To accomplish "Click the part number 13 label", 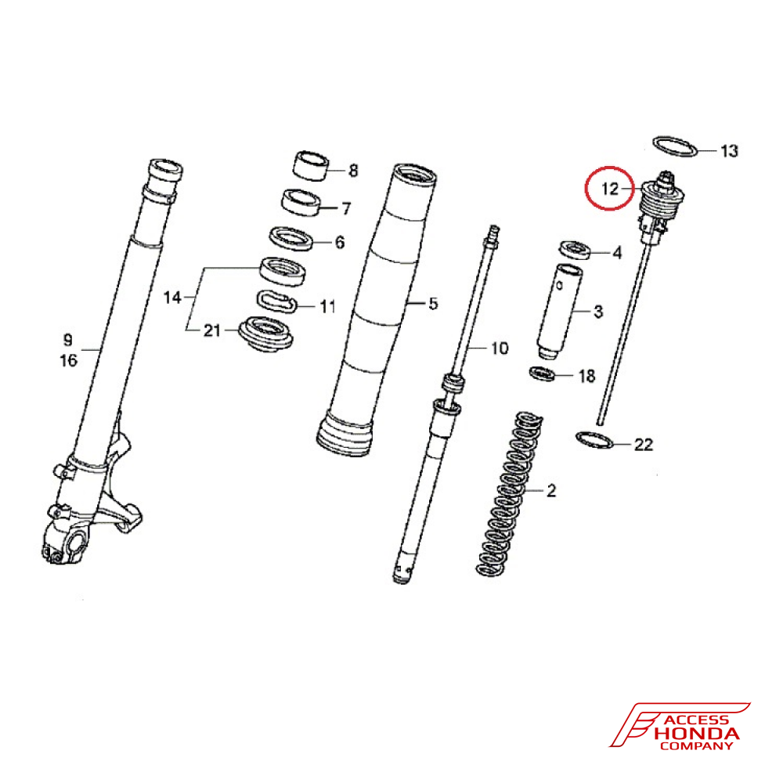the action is coord(728,150).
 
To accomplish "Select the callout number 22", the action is coord(643,445).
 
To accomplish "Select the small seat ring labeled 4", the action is coord(576,249).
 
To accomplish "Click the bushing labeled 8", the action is coord(310,164).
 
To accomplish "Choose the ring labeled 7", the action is coord(301,202).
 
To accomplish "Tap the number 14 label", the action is coord(172,298).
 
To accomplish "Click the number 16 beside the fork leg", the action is coord(68,360).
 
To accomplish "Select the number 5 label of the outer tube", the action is coord(433,303).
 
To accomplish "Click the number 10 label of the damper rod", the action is coord(500,348).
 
